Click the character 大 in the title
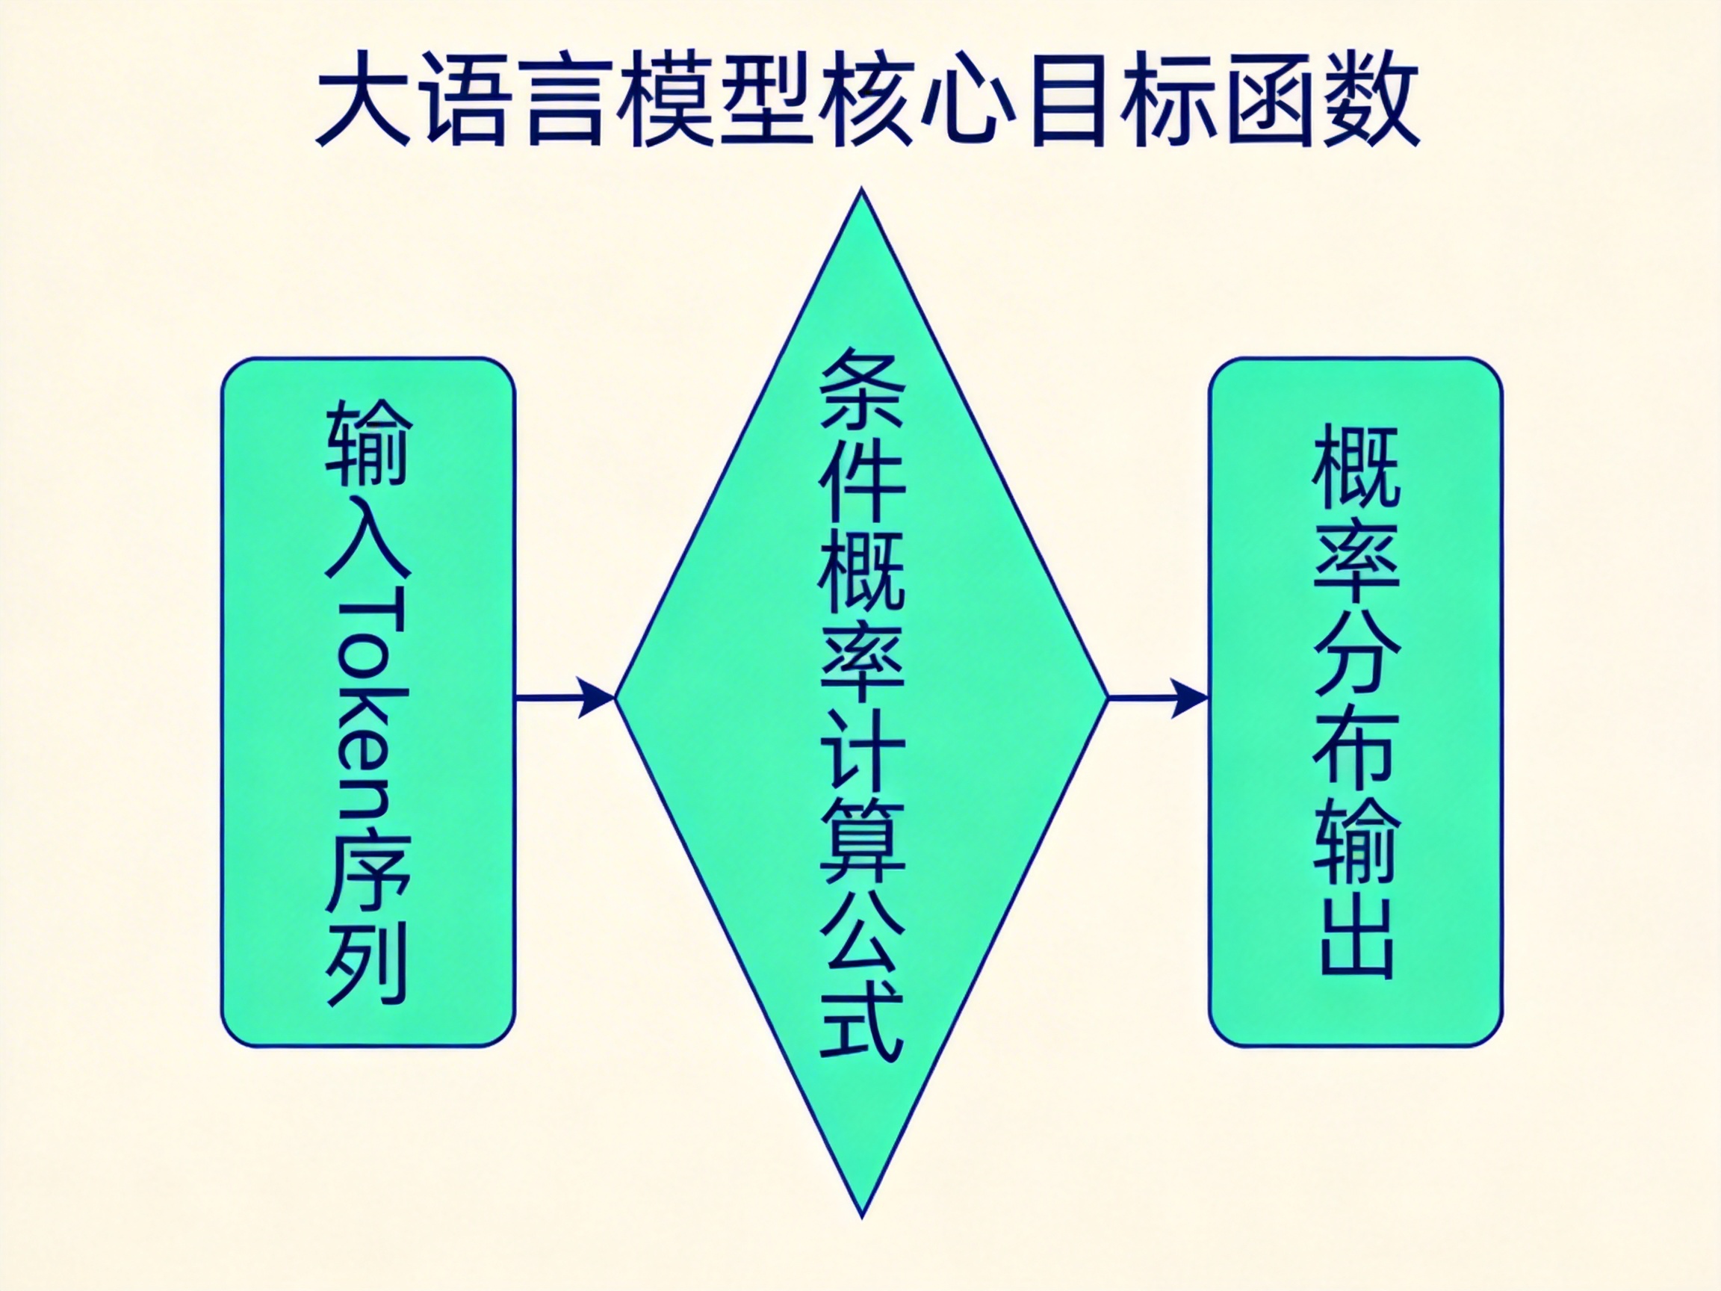(x=364, y=99)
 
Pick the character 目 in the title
(x=1069, y=99)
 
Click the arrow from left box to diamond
(x=565, y=697)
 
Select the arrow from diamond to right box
(x=1157, y=697)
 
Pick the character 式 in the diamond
(x=861, y=1023)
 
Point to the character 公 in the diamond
(x=861, y=934)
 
